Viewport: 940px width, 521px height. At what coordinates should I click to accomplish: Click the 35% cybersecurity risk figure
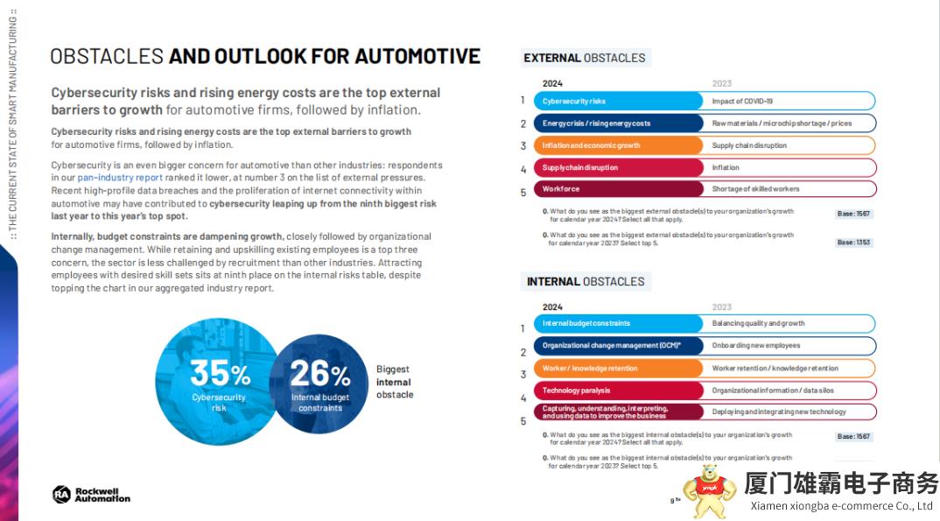click(x=220, y=375)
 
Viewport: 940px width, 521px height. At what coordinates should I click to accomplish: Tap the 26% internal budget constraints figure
click(x=319, y=375)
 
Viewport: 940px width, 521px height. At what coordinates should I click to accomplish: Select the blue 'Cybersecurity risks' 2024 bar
click(x=618, y=102)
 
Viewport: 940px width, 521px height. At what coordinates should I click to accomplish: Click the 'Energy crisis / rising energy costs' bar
click(x=618, y=123)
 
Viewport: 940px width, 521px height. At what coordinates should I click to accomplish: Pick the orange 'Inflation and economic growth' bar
click(x=618, y=145)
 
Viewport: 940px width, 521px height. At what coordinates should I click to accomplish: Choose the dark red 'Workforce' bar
click(x=618, y=188)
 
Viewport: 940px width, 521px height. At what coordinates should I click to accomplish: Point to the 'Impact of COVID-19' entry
click(x=742, y=102)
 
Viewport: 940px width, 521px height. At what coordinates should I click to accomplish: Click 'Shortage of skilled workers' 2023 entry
click(x=755, y=188)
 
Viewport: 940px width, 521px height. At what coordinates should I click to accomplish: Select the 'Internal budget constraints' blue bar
click(x=618, y=323)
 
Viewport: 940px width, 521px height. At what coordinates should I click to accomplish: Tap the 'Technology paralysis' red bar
click(x=618, y=391)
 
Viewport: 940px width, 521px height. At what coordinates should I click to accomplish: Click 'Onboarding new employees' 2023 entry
click(x=756, y=346)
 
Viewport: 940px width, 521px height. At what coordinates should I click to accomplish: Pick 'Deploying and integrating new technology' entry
click(x=779, y=412)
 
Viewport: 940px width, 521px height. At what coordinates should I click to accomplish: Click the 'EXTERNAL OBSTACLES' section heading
click(x=585, y=58)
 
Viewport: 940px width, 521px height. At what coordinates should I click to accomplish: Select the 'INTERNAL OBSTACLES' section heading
click(x=586, y=281)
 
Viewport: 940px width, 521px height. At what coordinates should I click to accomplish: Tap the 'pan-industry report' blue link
click(x=120, y=178)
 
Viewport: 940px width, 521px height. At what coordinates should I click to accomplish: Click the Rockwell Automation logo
click(x=91, y=495)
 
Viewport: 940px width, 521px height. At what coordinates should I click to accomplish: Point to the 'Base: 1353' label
click(x=853, y=242)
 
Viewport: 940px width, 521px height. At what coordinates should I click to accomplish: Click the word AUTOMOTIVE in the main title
click(x=410, y=57)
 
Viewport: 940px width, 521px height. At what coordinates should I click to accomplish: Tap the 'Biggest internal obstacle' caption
click(x=394, y=382)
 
